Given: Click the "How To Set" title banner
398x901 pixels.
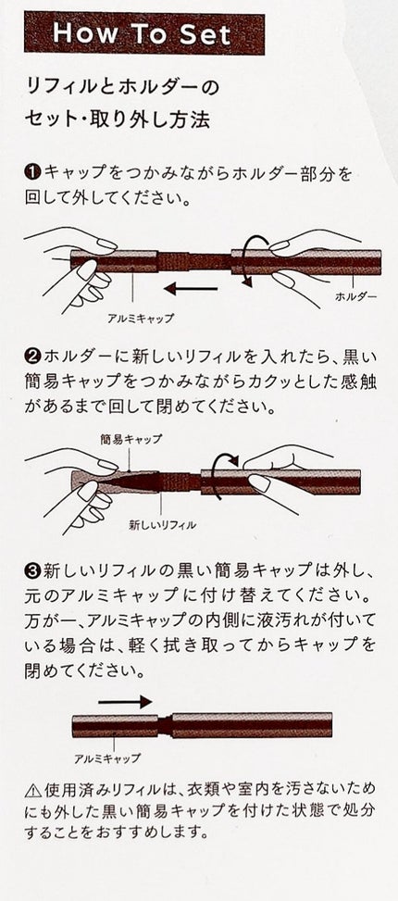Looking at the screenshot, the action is point(144,34).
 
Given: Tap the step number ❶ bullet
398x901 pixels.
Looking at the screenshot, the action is point(32,171).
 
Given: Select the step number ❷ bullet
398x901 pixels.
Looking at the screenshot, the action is point(32,357).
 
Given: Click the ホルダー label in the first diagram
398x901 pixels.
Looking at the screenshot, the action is point(356,296).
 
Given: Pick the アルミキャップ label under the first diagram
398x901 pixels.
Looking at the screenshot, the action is point(140,318).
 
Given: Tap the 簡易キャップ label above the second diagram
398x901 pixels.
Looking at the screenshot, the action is point(131,438).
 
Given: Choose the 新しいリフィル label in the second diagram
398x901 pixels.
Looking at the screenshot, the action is point(163,524).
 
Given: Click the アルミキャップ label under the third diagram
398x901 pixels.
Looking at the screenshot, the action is point(107,757).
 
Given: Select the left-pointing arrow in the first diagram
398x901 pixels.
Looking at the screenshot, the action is point(191,289).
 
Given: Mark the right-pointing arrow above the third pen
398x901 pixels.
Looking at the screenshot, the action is point(125,702).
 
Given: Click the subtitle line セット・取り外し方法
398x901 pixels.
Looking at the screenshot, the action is point(118,119).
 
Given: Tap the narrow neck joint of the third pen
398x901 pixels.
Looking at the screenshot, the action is point(166,725).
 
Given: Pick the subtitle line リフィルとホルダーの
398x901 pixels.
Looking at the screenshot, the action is point(122,88).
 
